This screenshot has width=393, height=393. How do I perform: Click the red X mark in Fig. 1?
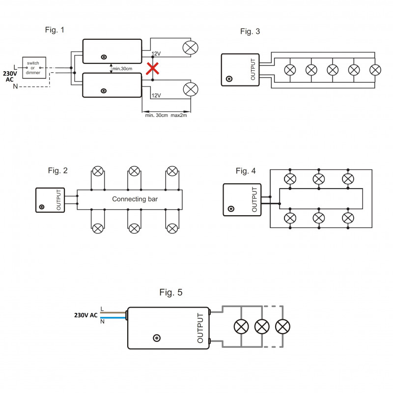pos(152,69)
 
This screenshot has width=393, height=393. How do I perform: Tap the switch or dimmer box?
pos(34,68)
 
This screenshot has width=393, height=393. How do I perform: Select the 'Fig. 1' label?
pos(55,30)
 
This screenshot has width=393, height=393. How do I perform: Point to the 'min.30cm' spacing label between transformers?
pos(122,69)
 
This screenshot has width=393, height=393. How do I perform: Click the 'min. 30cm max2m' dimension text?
pos(166,115)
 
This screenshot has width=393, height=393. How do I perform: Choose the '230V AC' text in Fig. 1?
pos(10,77)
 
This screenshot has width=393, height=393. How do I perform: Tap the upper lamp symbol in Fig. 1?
pos(191,48)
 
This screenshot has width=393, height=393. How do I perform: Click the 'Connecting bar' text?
pos(135,199)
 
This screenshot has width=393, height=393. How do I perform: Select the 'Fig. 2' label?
pos(57,170)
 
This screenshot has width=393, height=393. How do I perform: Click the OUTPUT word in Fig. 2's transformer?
pos(58,200)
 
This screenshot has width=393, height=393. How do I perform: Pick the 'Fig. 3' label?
pos(250,31)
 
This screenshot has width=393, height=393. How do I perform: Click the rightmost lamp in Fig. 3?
pos(375,70)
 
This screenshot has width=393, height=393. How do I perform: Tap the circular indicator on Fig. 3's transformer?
pos(229,79)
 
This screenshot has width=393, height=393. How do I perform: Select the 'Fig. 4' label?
pos(246,171)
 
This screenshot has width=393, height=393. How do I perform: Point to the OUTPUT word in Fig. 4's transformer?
pos(254,199)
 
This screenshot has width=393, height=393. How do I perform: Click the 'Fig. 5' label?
pos(171,292)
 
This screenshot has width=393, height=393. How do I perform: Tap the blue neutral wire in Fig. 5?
pos(113,317)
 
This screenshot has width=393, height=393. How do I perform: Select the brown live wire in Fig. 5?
pos(113,312)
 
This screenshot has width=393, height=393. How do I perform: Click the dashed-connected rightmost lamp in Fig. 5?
pos(283,327)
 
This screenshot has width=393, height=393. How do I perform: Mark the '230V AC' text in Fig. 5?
pos(85,315)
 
